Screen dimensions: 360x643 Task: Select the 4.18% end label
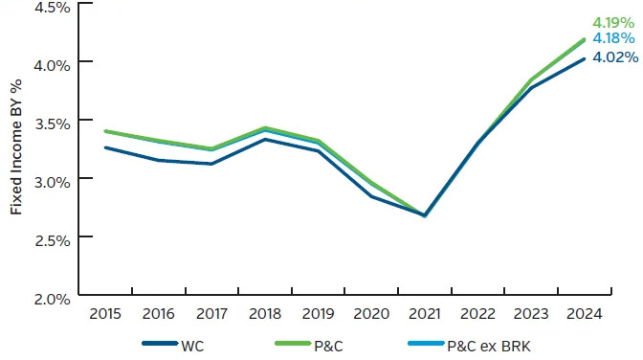click(x=611, y=37)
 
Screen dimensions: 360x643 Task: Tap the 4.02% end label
click(x=611, y=56)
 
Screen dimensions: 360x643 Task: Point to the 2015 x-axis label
click(x=104, y=313)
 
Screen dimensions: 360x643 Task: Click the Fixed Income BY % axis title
click(x=16, y=153)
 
